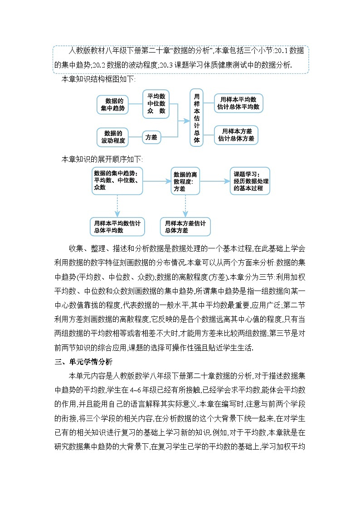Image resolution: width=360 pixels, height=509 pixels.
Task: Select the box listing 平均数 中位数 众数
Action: [156, 104]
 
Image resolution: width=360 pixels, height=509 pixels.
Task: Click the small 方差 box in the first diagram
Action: [151, 137]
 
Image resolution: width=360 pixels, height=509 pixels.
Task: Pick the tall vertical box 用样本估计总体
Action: [196, 117]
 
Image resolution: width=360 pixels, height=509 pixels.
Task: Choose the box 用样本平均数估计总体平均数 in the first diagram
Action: [238, 103]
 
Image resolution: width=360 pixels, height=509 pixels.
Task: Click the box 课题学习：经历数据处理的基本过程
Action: [249, 181]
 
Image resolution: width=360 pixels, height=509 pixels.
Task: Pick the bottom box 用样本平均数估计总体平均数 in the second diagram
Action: [117, 227]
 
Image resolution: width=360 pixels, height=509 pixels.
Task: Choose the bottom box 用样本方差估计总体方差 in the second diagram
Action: [185, 227]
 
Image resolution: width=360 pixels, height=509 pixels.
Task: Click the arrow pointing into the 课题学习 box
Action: [226, 181]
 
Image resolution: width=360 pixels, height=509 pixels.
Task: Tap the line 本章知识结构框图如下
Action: [98, 80]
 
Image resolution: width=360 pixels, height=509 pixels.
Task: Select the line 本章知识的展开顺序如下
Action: [101, 159]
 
